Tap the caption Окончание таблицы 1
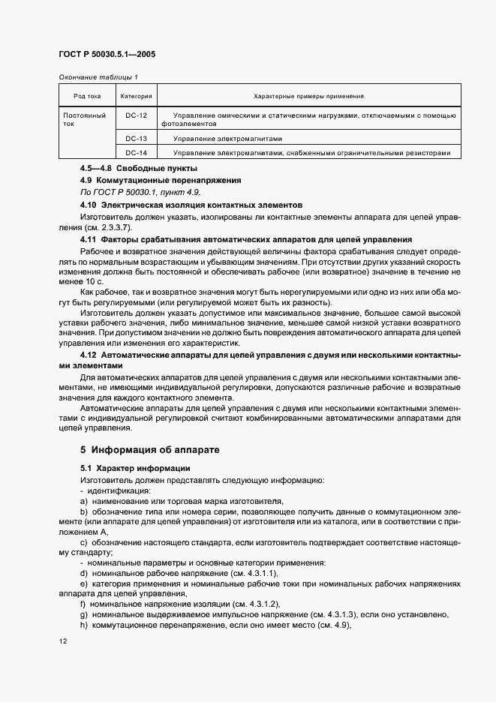click(x=98, y=77)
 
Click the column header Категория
click(x=136, y=96)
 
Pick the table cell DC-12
click(x=136, y=115)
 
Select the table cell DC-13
click(x=136, y=139)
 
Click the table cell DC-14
click(x=136, y=153)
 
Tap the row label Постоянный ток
click(x=79, y=119)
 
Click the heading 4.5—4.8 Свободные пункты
click(x=128, y=168)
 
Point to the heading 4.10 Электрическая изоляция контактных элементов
click(x=191, y=204)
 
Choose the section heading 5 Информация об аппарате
click(x=149, y=451)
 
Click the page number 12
click(x=62, y=642)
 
